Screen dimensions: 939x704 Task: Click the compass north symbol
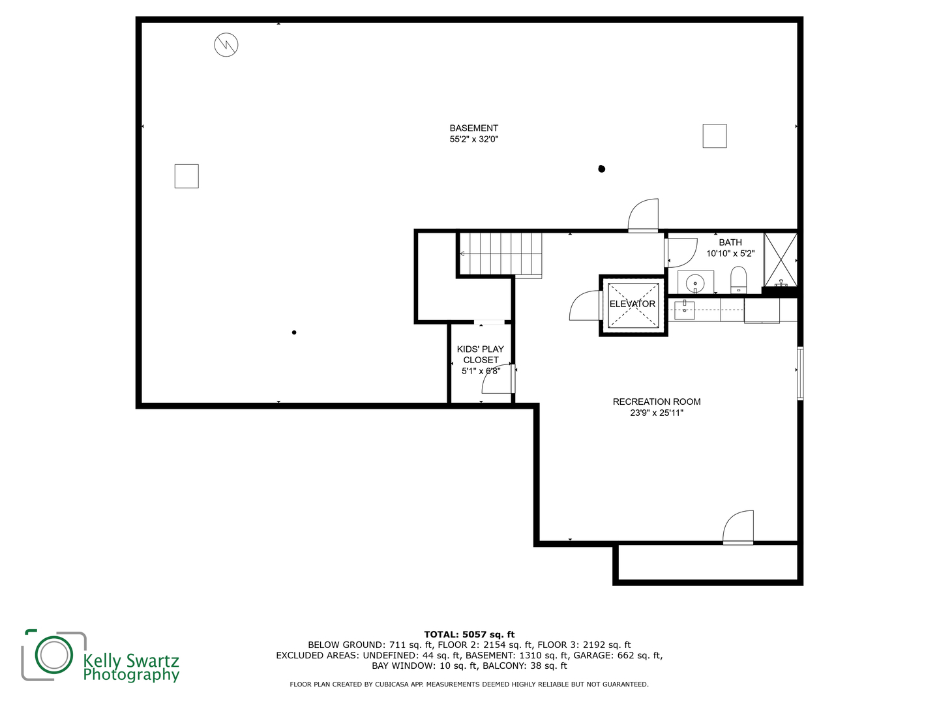226,44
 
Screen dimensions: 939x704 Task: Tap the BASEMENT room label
473,128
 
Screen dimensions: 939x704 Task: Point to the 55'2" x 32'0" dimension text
473,139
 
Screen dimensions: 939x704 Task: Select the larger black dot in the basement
601,169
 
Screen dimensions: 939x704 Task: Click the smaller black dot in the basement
294,332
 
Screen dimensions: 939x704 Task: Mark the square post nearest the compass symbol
186,176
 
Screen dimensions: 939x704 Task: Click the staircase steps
501,254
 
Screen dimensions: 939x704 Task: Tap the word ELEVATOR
633,304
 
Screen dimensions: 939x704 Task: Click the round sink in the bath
694,283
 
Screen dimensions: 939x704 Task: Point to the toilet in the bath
738,280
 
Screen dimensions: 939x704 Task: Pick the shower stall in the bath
781,260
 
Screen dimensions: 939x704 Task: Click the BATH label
730,242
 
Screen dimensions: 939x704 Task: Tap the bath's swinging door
681,253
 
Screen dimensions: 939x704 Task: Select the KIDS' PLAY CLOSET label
481,355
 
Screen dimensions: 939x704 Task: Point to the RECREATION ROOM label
657,402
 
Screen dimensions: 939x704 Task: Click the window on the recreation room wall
799,374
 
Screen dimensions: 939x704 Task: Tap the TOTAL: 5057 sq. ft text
469,634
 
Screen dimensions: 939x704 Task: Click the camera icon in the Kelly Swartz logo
54,654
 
